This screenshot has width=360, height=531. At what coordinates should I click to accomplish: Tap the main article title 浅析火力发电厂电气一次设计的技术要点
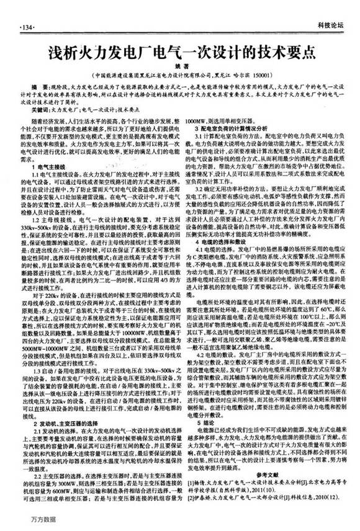coord(179,50)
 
